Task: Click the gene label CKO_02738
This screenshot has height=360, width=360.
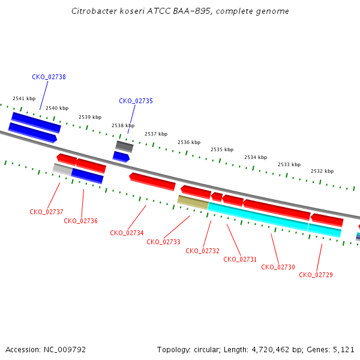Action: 49,77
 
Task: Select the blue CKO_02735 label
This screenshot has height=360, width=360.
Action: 136,101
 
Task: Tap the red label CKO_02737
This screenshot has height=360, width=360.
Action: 46,212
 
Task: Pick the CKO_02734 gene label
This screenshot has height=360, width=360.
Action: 127,233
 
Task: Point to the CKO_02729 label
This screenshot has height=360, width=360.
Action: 316,275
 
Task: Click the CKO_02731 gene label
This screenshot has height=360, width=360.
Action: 240,259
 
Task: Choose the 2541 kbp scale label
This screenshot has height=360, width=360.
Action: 24,98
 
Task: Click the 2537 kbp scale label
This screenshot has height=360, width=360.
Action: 156,134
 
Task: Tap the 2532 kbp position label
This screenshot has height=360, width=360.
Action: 322,171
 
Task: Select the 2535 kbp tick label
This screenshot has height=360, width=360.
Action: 222,149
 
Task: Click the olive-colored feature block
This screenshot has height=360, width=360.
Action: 193,202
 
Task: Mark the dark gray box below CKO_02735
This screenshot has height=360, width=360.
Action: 124,146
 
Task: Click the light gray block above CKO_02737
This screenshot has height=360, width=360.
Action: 62,169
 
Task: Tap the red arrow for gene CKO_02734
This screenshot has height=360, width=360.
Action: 152,182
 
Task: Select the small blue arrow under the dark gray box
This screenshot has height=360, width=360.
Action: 121,157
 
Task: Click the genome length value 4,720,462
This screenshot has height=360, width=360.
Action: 271,350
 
